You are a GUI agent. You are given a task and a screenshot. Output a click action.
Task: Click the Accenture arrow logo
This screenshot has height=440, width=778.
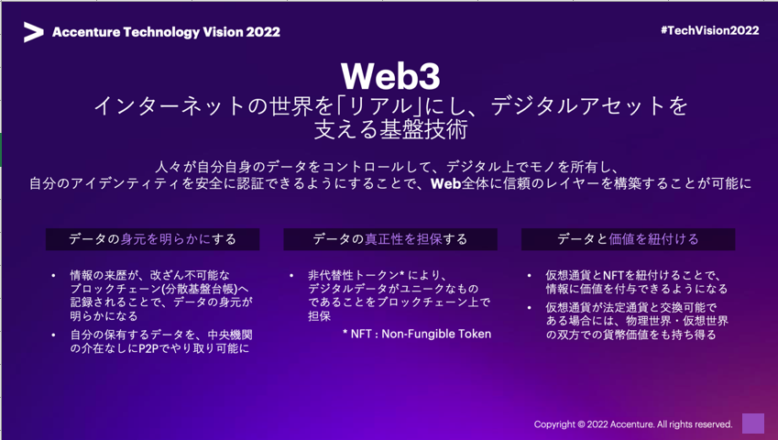(x=33, y=32)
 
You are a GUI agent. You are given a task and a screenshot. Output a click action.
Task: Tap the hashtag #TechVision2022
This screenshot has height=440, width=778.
(x=709, y=30)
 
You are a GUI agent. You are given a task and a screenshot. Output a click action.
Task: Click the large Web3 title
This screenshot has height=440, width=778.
(x=390, y=76)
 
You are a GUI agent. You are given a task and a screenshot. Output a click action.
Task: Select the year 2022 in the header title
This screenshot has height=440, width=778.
(x=263, y=32)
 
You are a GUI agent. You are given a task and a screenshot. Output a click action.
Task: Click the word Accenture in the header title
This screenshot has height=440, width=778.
(x=86, y=32)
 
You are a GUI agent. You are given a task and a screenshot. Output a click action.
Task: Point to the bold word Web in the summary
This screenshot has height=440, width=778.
(x=446, y=183)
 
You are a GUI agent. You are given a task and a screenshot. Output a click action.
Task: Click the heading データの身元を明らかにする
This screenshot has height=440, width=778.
(x=152, y=239)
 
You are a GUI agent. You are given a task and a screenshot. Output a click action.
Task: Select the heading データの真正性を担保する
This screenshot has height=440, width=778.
(x=390, y=239)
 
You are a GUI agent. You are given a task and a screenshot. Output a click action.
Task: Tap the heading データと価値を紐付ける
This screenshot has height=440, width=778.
(x=628, y=239)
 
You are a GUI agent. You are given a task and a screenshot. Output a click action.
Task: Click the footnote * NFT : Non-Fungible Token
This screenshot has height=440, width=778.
(x=417, y=334)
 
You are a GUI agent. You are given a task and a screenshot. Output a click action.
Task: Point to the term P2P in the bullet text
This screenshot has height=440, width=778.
(x=148, y=348)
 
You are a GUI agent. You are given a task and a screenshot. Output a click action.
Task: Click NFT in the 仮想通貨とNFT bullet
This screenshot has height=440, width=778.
(x=613, y=275)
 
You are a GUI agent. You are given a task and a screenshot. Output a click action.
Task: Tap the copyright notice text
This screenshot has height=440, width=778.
(x=633, y=424)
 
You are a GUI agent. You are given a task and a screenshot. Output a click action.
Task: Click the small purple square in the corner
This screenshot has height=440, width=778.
(x=753, y=423)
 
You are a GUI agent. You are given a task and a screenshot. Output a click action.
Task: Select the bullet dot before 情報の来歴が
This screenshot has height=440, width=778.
(x=53, y=275)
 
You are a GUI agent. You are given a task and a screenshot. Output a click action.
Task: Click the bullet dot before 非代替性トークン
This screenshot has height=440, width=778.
(x=291, y=275)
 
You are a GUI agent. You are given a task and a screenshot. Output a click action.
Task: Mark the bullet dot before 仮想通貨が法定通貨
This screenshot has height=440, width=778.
(x=530, y=308)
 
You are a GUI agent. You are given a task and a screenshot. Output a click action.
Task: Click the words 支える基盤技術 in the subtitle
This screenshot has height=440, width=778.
(x=390, y=130)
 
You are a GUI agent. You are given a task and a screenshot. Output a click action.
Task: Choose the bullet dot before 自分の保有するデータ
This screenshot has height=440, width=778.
(x=53, y=335)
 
